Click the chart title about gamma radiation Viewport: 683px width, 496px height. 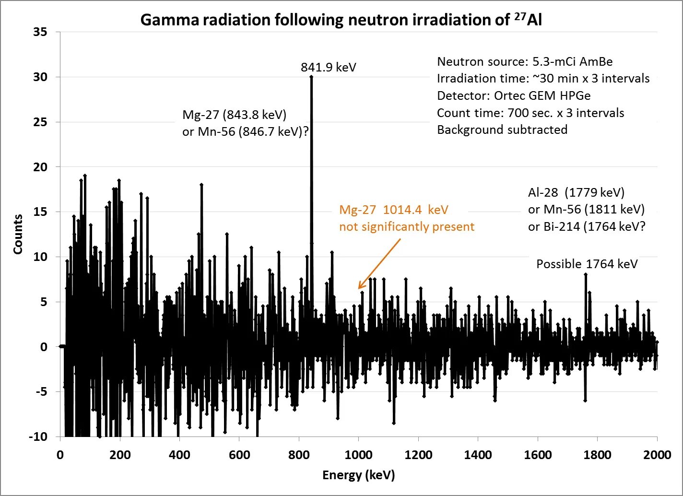341,20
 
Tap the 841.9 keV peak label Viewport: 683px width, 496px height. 329,67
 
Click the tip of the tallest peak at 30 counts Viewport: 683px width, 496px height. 311,77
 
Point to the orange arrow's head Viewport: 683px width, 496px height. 359,288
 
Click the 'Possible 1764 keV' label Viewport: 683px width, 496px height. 587,264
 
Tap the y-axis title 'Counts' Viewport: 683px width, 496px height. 18,234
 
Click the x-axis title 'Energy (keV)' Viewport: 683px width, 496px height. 358,475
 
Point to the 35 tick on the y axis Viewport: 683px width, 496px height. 40,32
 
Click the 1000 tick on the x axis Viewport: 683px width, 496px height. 358,455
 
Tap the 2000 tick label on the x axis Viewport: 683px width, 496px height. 657,455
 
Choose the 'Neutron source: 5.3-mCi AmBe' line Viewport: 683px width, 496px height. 525,61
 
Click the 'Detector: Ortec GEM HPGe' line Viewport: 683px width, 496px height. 514,95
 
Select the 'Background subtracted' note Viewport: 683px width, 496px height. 502,130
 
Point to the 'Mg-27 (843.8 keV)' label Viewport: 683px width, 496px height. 234,115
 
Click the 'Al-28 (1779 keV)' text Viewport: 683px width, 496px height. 576,192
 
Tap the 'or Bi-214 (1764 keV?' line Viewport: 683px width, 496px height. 587,226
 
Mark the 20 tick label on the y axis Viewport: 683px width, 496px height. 40,167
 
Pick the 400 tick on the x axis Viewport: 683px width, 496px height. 179,455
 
